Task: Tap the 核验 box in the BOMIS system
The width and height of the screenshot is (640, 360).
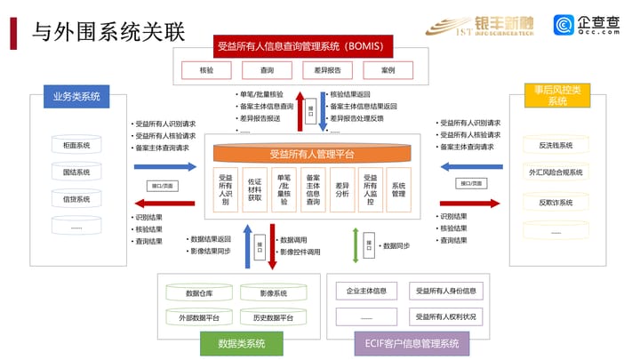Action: tap(206, 68)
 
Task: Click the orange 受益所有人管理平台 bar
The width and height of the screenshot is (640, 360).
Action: tap(311, 154)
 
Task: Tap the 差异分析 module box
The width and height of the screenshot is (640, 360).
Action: tap(342, 190)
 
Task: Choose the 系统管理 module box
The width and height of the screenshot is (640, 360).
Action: tap(399, 190)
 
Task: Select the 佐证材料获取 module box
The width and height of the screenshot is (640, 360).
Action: tap(255, 190)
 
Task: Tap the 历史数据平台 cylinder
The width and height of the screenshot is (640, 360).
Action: tap(273, 316)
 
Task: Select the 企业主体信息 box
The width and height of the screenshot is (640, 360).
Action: tap(366, 291)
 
